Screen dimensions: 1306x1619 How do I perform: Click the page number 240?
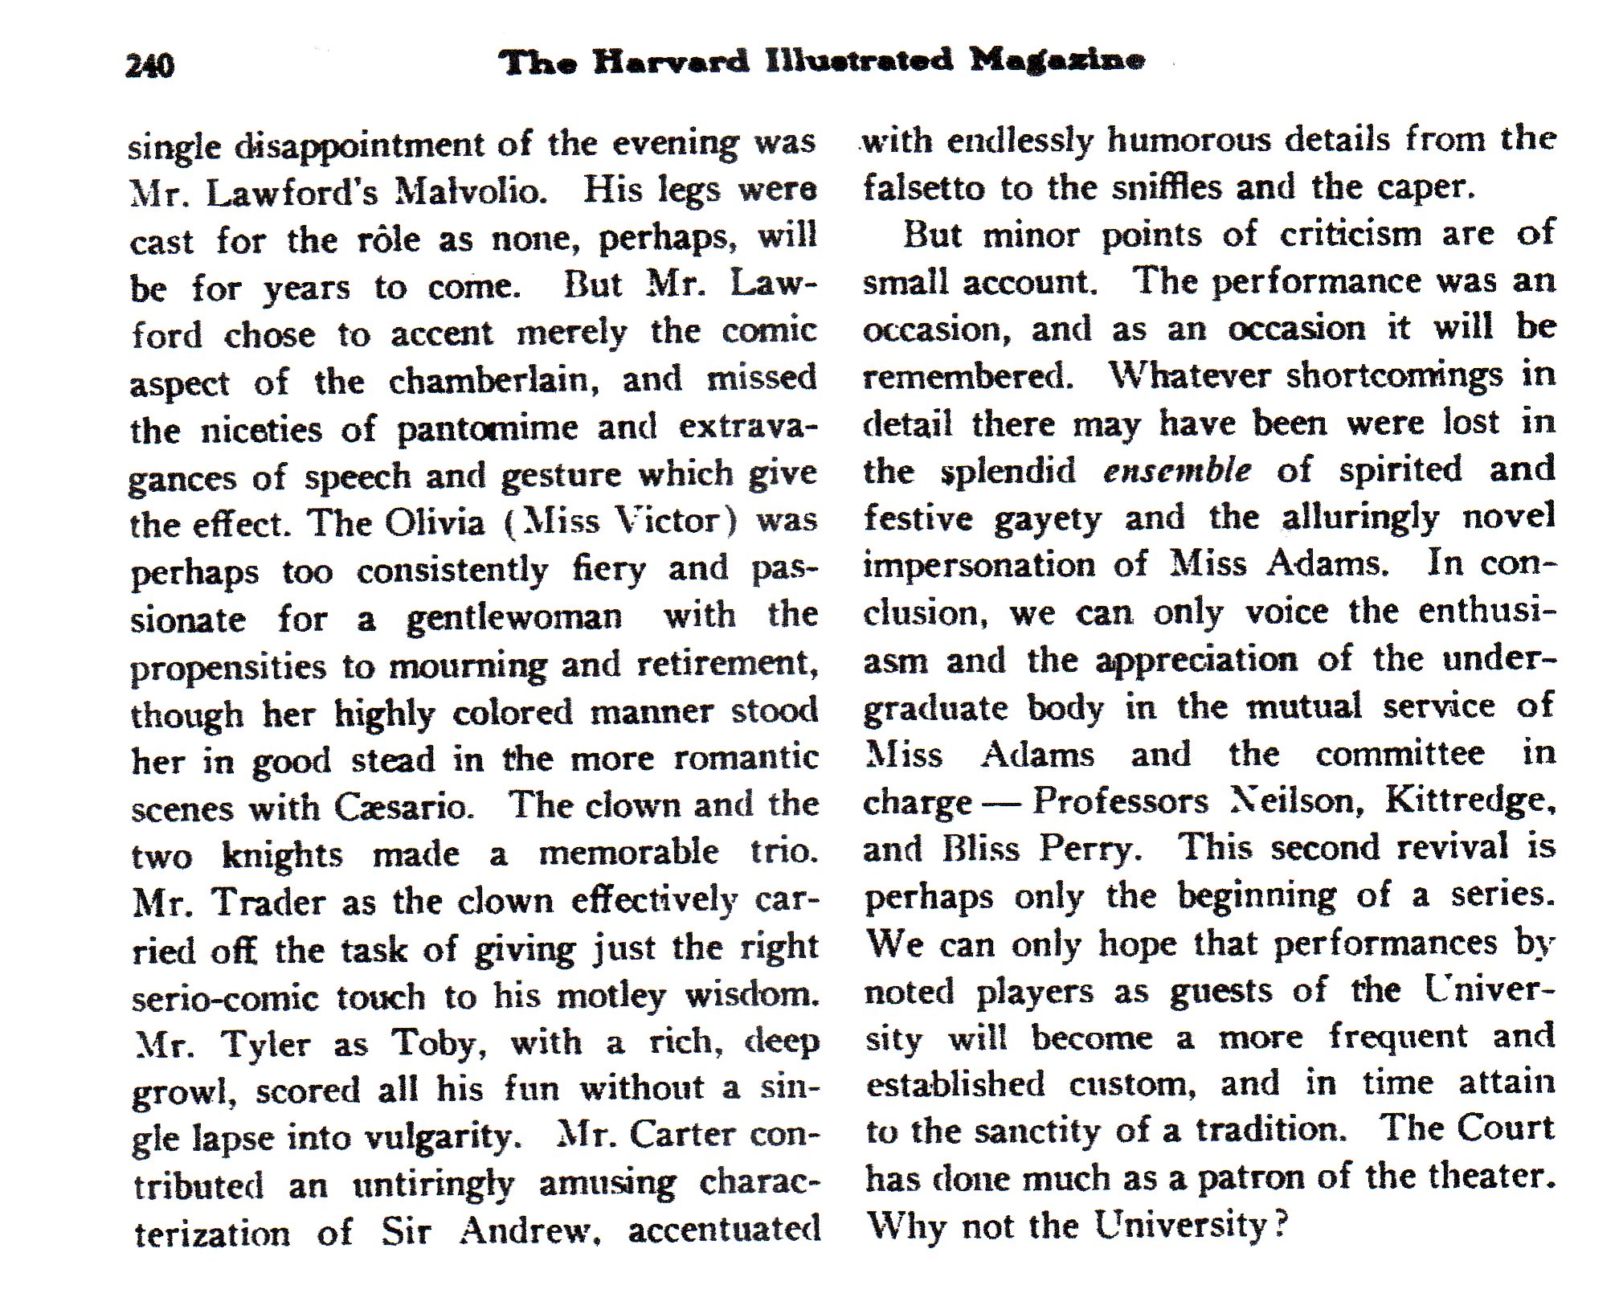tap(149, 65)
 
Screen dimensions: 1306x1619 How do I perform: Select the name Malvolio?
tap(472, 191)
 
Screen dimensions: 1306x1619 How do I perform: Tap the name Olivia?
tap(435, 523)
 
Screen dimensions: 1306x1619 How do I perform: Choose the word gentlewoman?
tap(513, 618)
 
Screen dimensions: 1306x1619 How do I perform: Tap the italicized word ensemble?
tap(1176, 470)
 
